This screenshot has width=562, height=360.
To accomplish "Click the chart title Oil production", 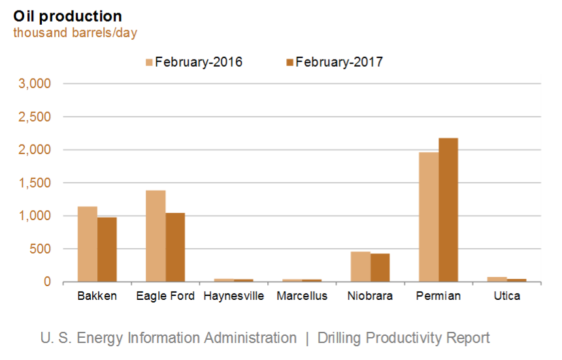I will (67, 16).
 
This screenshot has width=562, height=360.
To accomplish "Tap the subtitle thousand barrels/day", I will (75, 33).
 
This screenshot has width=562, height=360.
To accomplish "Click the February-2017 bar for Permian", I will (448, 210).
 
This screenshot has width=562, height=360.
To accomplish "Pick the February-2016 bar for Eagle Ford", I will (156, 236).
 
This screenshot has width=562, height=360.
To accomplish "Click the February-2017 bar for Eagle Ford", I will (175, 247).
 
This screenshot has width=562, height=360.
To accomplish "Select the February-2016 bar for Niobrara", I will (361, 267).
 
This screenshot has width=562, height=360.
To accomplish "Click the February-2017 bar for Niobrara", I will (380, 267).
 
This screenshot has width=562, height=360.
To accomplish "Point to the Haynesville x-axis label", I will (233, 296).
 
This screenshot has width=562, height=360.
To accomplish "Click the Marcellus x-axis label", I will (302, 296).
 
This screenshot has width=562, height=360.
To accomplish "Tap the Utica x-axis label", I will (507, 296).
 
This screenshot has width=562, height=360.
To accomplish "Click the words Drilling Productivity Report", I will (403, 338).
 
